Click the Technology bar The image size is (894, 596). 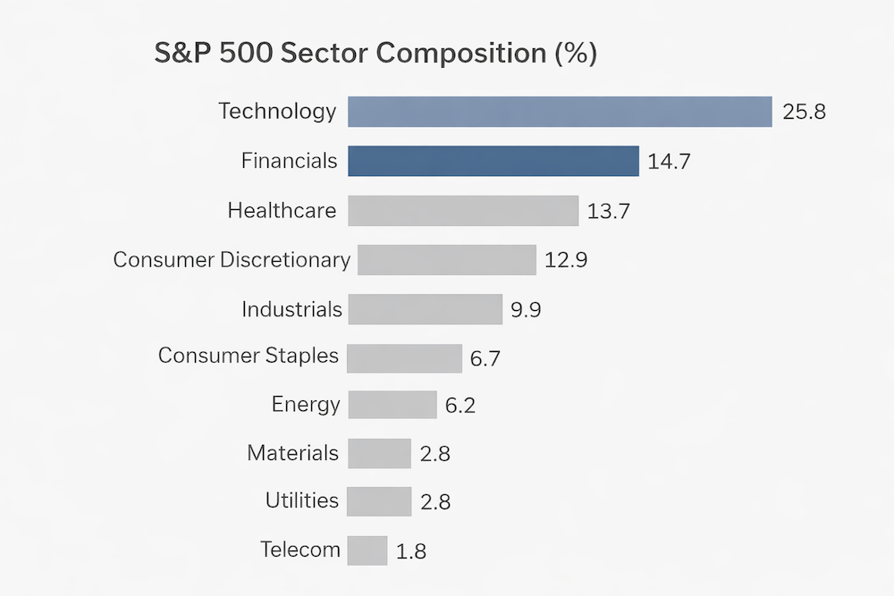(x=560, y=112)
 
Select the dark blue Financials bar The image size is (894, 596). (x=493, y=161)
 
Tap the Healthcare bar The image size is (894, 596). (x=463, y=211)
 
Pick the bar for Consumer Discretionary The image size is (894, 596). (x=447, y=260)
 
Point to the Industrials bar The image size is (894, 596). (x=426, y=309)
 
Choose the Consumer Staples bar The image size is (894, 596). (x=404, y=358)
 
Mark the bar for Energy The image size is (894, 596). (x=392, y=405)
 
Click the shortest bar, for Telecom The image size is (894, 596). (x=367, y=550)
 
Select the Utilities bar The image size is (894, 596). (x=379, y=501)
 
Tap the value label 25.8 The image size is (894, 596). (x=804, y=113)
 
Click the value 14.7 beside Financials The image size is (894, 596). (x=670, y=163)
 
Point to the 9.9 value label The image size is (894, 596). (x=526, y=311)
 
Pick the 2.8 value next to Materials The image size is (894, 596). (x=434, y=454)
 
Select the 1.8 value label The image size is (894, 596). (x=410, y=551)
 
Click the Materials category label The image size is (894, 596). (x=293, y=453)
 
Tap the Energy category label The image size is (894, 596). (x=306, y=404)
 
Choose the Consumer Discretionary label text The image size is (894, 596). (x=232, y=260)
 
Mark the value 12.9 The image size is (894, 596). (x=566, y=261)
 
